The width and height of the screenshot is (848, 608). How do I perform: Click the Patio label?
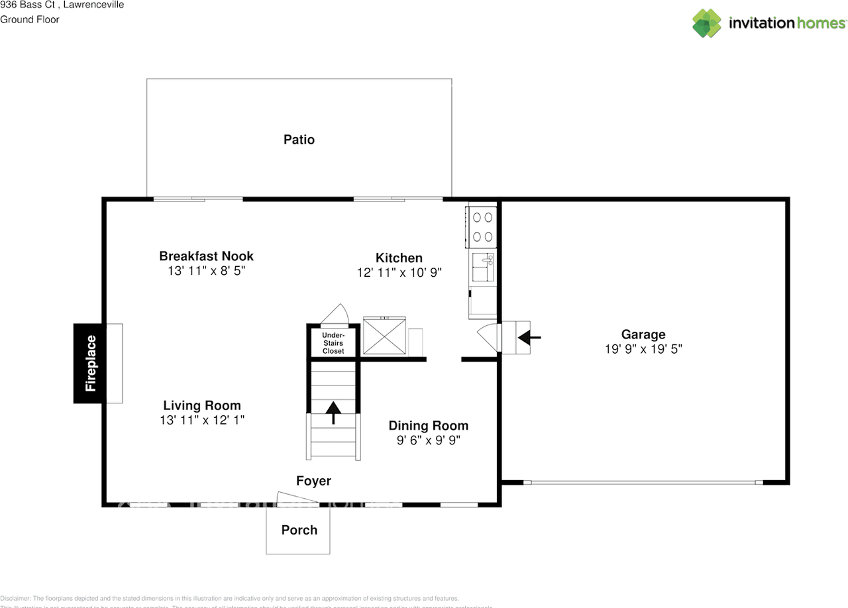299,140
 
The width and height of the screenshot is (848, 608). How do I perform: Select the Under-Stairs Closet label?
333,342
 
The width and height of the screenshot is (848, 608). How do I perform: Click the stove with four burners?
482,226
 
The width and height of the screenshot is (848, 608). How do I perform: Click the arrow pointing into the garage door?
529,338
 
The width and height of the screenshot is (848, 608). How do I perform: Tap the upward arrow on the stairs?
333,412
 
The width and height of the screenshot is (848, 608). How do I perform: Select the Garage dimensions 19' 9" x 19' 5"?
643,349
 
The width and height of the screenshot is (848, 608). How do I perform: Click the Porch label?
299,530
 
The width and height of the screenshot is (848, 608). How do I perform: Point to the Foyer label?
313,481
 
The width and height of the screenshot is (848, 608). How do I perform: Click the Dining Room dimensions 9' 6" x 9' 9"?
428,440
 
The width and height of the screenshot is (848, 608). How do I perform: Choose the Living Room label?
202,405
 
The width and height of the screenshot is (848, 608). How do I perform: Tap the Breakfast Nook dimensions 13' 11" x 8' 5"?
206,271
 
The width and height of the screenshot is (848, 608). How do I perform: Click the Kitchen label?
399,258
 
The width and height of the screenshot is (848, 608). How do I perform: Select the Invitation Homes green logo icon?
706,23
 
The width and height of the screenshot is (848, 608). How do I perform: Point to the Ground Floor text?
30,19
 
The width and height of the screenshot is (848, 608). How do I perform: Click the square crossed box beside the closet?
384,337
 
